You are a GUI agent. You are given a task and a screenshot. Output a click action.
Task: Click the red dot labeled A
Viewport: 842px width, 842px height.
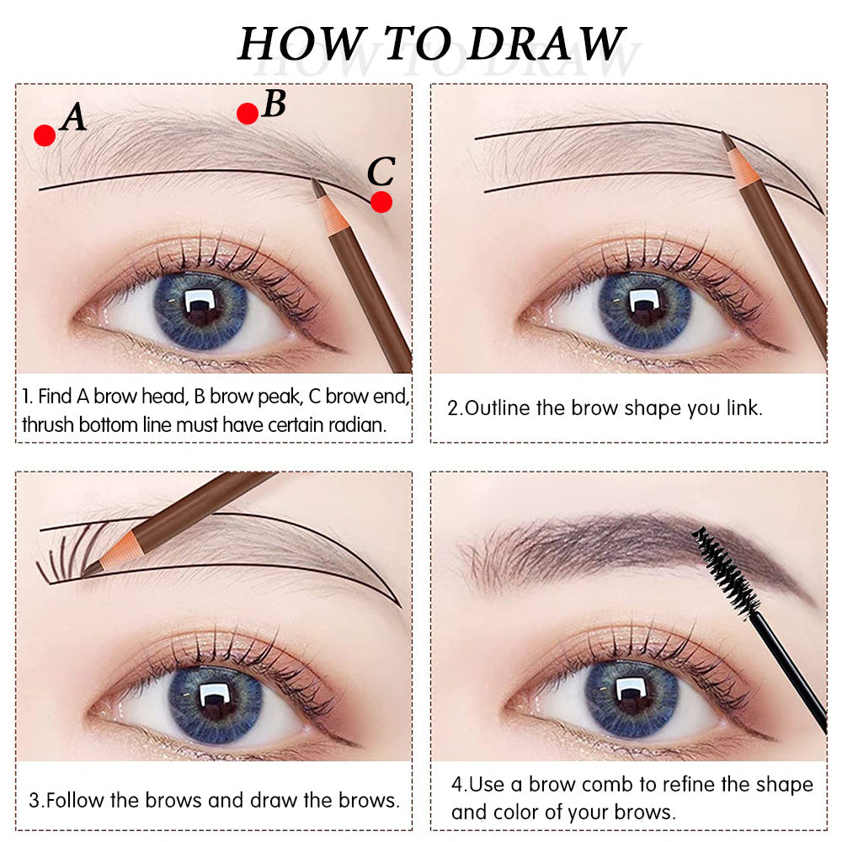click(45, 135)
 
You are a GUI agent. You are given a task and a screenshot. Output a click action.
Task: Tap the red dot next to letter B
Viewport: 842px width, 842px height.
click(247, 114)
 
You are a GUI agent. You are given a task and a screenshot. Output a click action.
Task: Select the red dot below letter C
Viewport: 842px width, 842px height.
click(381, 202)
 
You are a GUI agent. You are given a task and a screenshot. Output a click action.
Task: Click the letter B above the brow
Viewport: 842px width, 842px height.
click(274, 104)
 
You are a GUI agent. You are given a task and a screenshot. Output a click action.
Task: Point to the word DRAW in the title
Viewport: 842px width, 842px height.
click(546, 43)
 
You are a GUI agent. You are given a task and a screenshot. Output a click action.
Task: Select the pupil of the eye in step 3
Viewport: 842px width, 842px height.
click(215, 698)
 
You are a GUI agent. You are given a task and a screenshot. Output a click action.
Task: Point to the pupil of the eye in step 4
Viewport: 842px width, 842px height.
click(630, 695)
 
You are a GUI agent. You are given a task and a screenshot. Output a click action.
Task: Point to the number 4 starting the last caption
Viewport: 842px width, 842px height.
click(456, 785)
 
